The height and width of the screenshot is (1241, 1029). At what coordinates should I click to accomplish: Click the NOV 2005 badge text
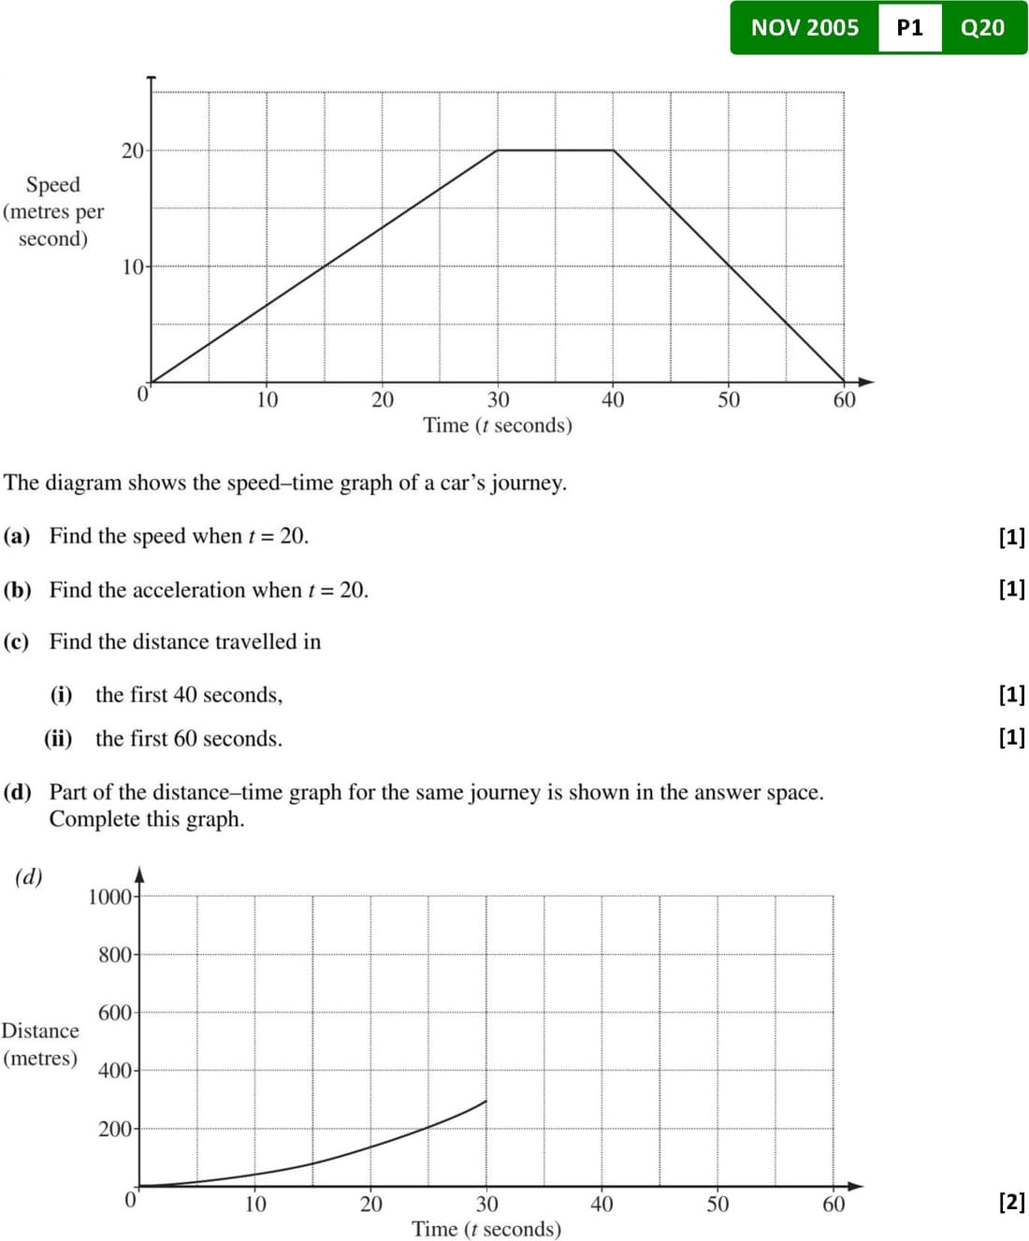[x=804, y=28]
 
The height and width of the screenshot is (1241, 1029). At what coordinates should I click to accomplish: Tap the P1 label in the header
[x=909, y=28]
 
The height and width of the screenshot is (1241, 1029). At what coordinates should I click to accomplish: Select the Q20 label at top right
[x=982, y=28]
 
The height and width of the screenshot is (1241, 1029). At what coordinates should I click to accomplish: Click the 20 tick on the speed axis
[x=133, y=151]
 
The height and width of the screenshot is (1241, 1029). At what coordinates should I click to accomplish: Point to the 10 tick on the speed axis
[x=133, y=267]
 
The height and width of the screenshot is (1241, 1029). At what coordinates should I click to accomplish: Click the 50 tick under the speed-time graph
[x=729, y=400]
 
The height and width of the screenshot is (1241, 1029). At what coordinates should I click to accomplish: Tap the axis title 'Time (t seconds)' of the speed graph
[x=497, y=426]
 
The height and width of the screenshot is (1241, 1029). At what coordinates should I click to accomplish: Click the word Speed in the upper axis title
[x=53, y=184]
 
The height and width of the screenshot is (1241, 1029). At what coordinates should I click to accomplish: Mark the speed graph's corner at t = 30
[x=498, y=150]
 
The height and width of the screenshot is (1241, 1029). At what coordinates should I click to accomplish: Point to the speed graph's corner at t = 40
[x=613, y=150]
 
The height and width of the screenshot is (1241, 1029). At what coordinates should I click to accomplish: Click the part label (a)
[x=17, y=536]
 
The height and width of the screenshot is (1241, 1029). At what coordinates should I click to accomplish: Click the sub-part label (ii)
[x=58, y=739]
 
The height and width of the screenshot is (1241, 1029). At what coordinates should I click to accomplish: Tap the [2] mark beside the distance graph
[x=1012, y=1202]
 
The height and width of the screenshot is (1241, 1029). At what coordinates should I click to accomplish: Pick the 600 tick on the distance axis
[x=115, y=1013]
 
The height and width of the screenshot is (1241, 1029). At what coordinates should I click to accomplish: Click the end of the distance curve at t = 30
[x=486, y=1101]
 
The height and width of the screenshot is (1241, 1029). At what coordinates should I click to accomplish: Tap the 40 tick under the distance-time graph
[x=601, y=1204]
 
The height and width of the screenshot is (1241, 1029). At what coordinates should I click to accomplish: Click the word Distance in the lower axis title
[x=40, y=1031]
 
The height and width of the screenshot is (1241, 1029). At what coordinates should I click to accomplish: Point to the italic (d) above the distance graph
[x=29, y=876]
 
